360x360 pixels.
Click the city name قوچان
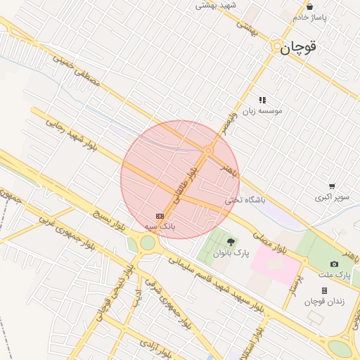pos(299,48)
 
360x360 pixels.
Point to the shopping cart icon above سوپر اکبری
pos(331,186)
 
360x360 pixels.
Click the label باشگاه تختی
pos(246,200)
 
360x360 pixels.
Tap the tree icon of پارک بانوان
pos(231,242)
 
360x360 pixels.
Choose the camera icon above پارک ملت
pos(334,264)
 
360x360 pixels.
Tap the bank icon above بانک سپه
pos(160,216)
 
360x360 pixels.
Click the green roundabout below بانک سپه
pos(148,243)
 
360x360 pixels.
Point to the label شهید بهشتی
pos(217,5)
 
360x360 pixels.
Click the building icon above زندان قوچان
pos(324,290)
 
